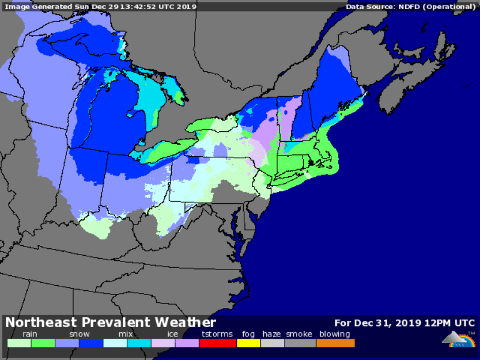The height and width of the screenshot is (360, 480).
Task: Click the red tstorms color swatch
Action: [x=217, y=343]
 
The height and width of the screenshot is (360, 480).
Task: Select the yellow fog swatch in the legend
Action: [x=248, y=343]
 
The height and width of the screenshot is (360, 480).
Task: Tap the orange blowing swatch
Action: [x=335, y=343]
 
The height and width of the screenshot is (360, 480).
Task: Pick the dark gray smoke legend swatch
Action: [x=300, y=343]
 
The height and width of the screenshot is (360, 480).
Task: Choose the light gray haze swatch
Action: [x=273, y=343]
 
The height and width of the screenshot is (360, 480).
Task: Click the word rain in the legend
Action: [x=31, y=334]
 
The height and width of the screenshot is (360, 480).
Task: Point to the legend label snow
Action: [x=79, y=334]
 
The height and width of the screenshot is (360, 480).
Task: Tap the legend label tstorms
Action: [x=217, y=334]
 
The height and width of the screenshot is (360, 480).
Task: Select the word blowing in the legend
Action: [x=335, y=334]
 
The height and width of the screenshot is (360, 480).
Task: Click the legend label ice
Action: [x=173, y=334]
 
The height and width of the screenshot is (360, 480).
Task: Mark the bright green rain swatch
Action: [x=43, y=343]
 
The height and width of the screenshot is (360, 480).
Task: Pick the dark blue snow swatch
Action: [x=91, y=343]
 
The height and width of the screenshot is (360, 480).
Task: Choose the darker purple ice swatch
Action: [x=187, y=343]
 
